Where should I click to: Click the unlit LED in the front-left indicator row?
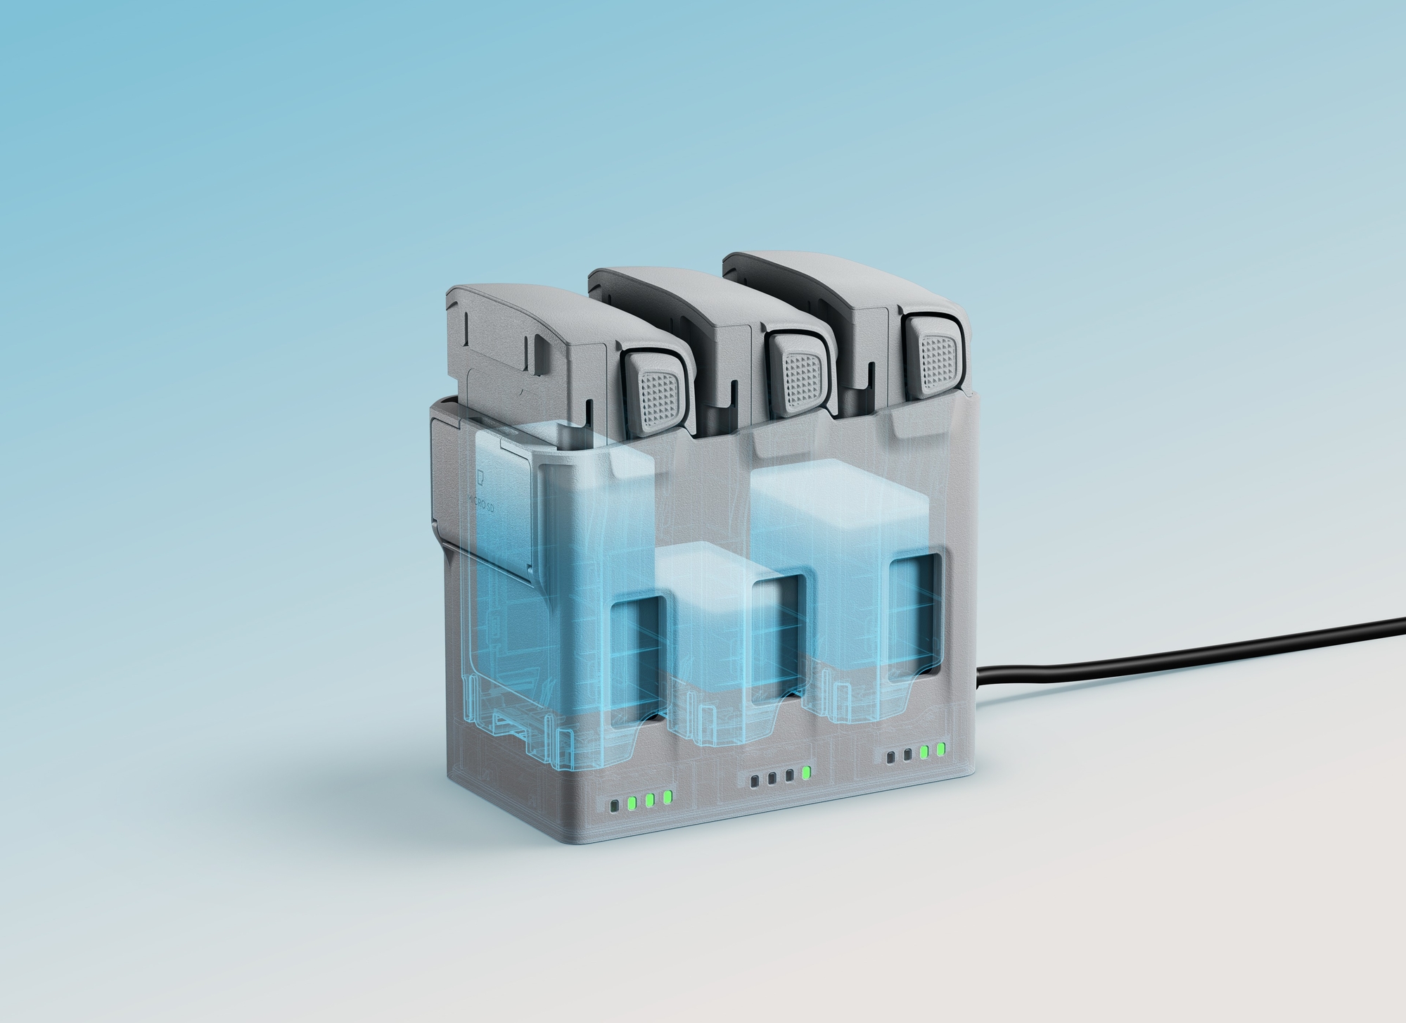pos(615,805)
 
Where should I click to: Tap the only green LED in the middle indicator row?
pos(806,773)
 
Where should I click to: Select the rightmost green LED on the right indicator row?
pos(940,749)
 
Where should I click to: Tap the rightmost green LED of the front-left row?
pos(667,797)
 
